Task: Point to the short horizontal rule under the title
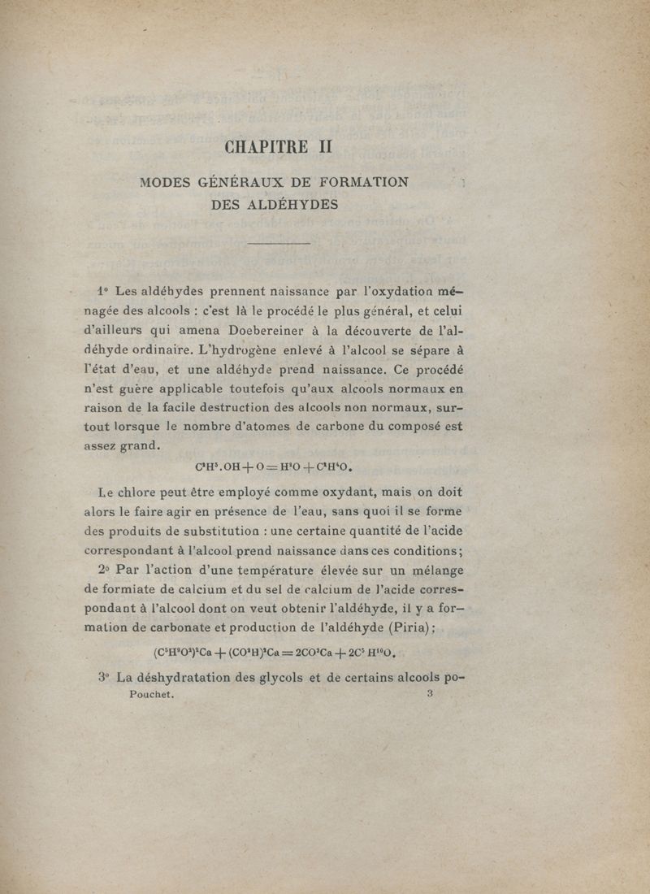click(278, 243)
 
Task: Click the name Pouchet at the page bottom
click(152, 696)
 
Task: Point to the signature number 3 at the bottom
click(429, 694)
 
